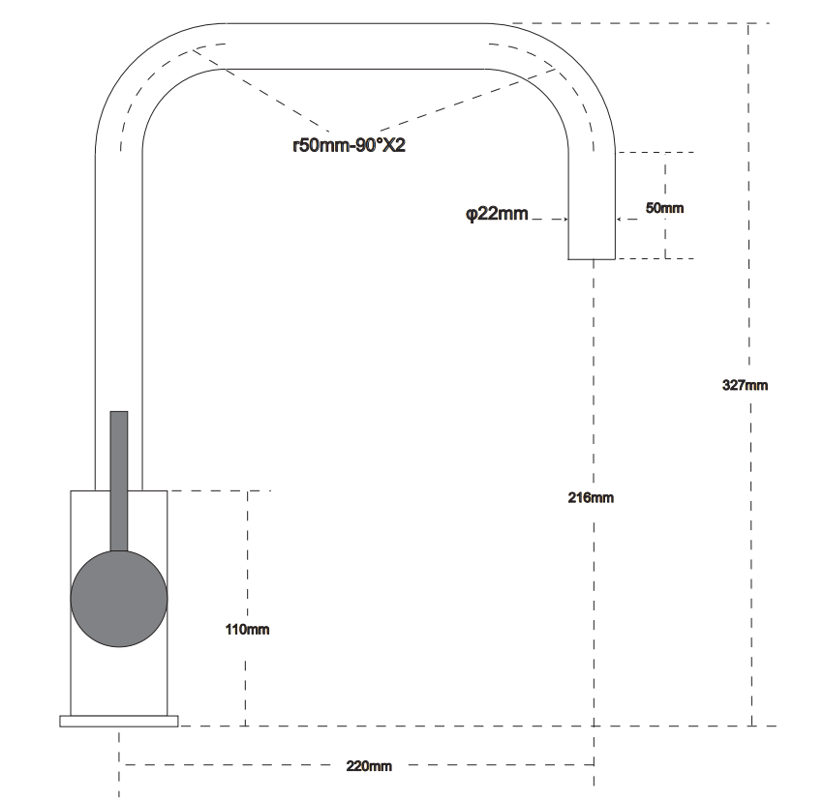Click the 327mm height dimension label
(745, 385)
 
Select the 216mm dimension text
(591, 497)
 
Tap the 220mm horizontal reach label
(369, 766)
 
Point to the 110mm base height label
(247, 630)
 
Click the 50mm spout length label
(664, 208)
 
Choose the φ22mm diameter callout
(497, 214)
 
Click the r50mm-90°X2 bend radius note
(349, 145)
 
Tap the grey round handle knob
(119, 599)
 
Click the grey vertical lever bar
(119, 481)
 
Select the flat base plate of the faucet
(119, 722)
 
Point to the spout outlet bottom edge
(592, 259)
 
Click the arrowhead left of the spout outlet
(565, 220)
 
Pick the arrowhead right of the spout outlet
(619, 220)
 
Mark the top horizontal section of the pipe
(356, 46)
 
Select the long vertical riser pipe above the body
(118, 321)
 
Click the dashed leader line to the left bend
(261, 90)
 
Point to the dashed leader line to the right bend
(468, 100)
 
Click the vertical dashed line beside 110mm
(247, 608)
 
